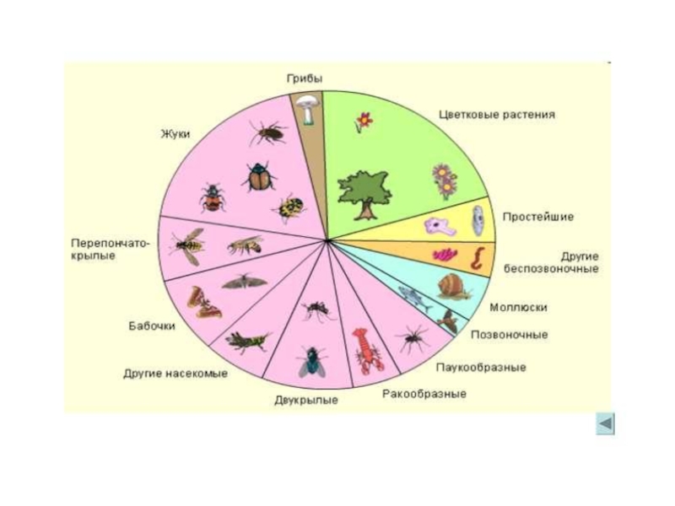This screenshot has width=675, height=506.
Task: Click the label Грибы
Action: coord(304,78)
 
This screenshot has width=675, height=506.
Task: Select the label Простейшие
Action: coord(537,217)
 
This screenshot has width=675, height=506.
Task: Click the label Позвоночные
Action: coord(508,335)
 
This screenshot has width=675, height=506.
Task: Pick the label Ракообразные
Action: coord(424,393)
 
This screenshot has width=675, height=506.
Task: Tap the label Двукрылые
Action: coord(306,400)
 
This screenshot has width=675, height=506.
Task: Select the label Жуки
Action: coord(175,133)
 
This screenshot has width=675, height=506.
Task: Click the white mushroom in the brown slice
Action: coord(306,109)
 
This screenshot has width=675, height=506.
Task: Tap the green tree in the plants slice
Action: coord(363,191)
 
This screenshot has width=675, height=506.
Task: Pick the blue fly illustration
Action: coord(310,361)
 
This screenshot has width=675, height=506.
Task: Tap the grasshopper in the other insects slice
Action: coord(246,341)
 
